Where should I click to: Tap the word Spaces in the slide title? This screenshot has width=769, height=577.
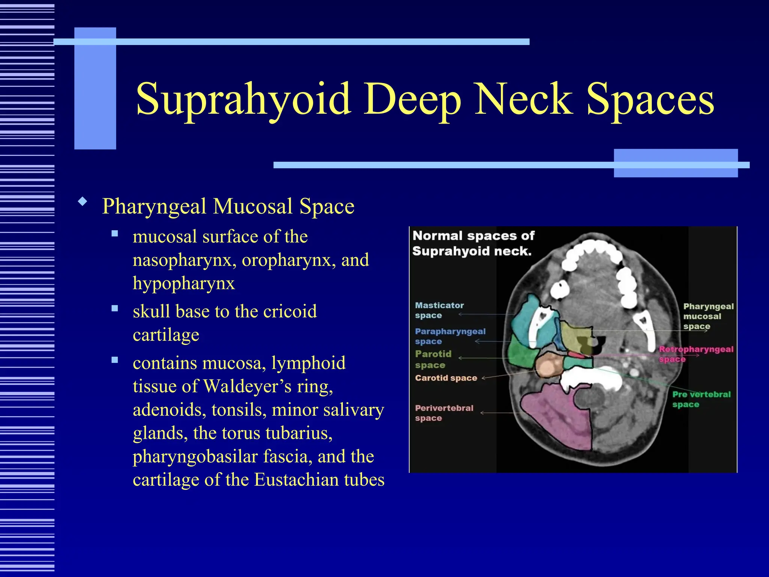[650, 99]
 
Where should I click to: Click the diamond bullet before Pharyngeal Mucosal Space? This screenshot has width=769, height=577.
[83, 202]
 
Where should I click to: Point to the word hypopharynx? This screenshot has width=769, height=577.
[184, 283]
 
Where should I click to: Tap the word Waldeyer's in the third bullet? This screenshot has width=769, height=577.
[247, 386]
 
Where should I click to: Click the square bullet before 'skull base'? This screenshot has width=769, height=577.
[115, 308]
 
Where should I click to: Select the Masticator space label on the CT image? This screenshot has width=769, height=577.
[439, 310]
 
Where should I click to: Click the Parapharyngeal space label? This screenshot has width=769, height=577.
[450, 336]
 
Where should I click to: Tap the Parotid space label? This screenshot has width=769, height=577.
[433, 359]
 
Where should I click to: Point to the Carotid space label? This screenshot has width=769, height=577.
[446, 378]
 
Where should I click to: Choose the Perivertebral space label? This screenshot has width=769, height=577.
[444, 413]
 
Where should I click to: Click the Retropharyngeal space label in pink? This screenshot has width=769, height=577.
[696, 354]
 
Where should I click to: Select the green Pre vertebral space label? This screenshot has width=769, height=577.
[701, 399]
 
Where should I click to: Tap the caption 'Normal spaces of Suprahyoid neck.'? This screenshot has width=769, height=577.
[473, 243]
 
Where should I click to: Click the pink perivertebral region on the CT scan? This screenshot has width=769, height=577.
[556, 417]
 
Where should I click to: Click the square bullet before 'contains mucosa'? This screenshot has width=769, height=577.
[115, 360]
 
